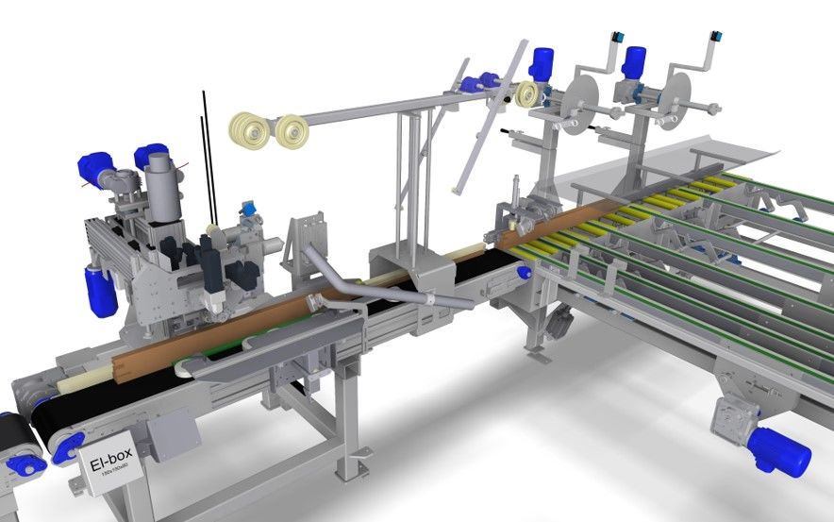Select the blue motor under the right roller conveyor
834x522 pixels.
779,449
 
